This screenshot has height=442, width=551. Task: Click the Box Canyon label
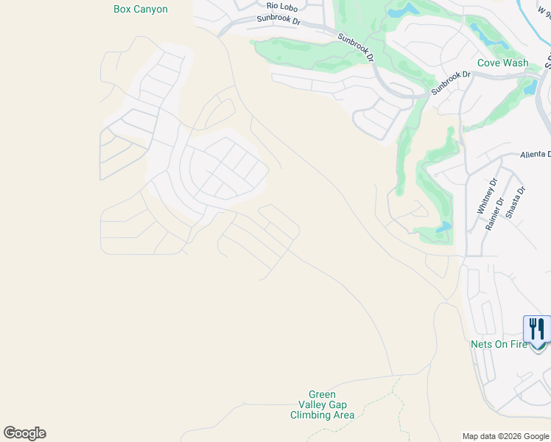tap(141, 10)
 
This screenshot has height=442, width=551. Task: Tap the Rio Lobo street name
tap(282, 7)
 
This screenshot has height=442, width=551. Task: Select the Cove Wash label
tap(502, 63)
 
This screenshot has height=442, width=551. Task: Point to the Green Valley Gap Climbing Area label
tap(322, 405)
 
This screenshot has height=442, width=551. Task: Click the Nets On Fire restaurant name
tap(499, 344)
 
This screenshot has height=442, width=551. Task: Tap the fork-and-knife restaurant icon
tap(537, 329)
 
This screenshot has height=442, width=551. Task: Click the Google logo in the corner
tap(24, 432)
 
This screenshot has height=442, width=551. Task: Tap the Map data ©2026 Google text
tap(505, 436)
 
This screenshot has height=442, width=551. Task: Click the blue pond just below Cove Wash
tap(530, 88)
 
